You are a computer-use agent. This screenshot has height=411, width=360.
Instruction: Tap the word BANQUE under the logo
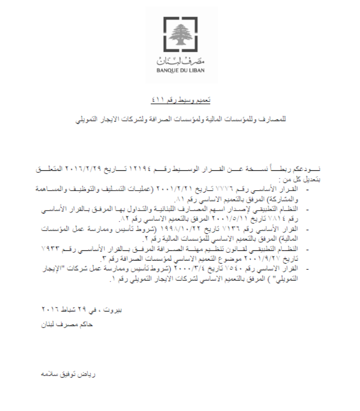click(167, 71)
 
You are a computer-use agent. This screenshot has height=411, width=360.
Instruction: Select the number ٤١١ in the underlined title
click(159, 100)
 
